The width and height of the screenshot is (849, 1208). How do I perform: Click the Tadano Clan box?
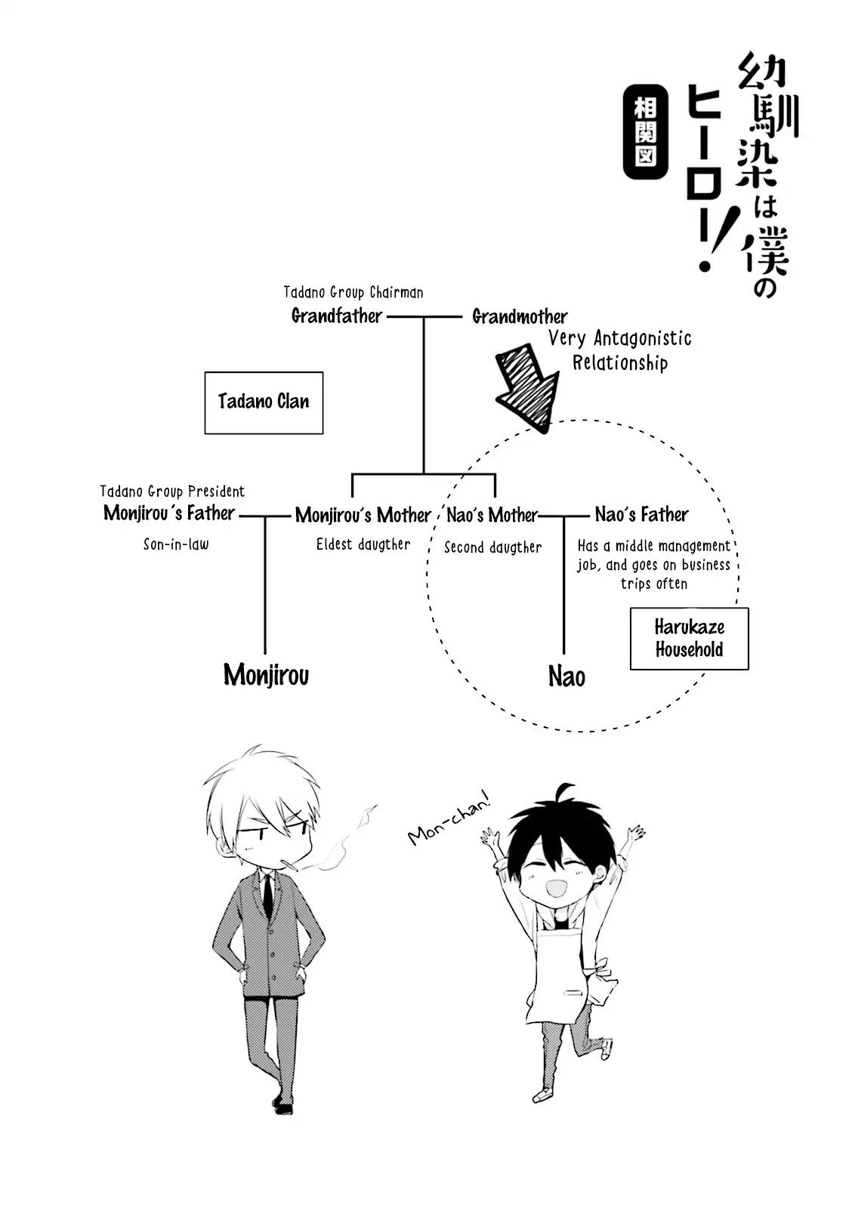coord(264,402)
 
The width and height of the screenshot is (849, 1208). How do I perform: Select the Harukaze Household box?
coord(689,639)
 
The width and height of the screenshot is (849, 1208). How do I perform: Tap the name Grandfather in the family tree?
coord(337,316)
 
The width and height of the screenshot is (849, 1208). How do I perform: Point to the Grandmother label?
coord(520,316)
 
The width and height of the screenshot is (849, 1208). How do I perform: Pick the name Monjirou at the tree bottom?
coord(266,675)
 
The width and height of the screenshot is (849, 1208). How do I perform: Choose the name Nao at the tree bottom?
coord(567,676)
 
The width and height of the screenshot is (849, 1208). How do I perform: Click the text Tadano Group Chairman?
coord(353,292)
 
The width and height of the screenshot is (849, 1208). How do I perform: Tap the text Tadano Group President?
coord(172,492)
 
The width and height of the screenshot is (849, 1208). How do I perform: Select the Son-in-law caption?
coord(176,544)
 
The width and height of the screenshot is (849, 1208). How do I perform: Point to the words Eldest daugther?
coord(363,544)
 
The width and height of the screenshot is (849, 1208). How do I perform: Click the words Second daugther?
coord(492,547)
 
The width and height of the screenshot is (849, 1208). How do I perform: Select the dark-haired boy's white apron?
coord(556,974)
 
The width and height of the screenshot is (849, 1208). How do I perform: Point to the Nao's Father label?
coord(641,515)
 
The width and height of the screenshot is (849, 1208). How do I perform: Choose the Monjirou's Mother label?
coord(363,515)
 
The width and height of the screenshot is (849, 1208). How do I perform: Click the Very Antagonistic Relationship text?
coord(619,350)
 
